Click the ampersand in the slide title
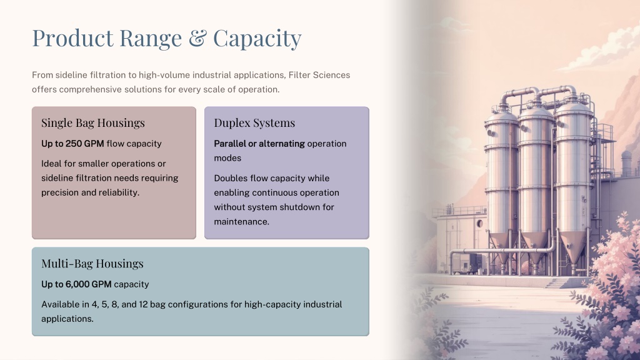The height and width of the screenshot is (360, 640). pos(197,38)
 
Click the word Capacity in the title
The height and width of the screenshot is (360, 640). pos(257,39)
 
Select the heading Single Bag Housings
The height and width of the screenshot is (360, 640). pos(93,123)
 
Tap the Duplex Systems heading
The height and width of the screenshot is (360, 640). pos(254,123)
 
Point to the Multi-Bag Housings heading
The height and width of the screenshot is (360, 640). pos(92,264)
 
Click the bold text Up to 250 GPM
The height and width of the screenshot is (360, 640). pos(72,144)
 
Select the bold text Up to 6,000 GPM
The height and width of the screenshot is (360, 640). pos(76,284)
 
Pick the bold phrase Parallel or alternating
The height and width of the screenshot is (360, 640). pos(259,144)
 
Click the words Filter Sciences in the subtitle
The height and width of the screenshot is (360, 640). pos(319,75)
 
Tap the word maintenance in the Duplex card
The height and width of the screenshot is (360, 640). pos(242,222)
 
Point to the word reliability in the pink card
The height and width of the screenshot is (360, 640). pos(118,192)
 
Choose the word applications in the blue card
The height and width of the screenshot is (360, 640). pos(67,319)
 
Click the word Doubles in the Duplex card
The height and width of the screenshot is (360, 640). pos(230,178)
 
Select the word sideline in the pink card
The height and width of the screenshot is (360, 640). pos(57,178)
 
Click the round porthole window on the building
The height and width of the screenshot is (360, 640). pos(480,224)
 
